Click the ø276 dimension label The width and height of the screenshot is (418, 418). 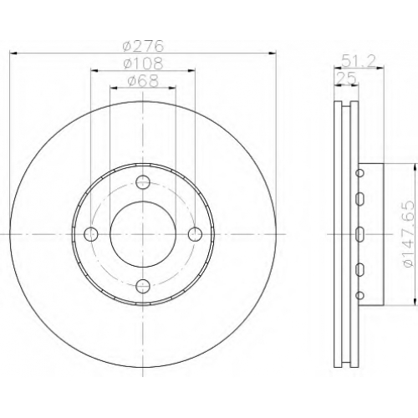pos(143,46)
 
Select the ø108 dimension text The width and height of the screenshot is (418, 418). pos(143,64)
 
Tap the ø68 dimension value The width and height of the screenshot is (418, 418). pos(143,81)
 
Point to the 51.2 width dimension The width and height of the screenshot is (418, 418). pos(359,60)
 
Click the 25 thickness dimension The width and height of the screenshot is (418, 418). pos(346,79)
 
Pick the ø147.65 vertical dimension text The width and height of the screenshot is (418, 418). pos(408,234)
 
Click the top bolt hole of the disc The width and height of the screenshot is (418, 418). pos(143,182)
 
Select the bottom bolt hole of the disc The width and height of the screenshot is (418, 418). pos(143,285)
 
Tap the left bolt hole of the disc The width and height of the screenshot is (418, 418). pos(91,234)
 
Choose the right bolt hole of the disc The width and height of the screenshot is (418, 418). pos(195,234)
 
